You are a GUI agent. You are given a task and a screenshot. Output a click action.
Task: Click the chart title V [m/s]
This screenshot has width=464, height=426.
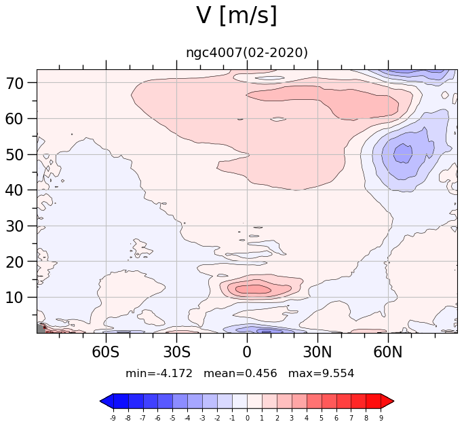pos(237,16)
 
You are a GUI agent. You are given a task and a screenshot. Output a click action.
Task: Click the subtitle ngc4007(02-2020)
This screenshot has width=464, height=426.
pos(247,53)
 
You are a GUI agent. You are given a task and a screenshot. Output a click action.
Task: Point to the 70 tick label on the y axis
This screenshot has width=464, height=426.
pos(14,84)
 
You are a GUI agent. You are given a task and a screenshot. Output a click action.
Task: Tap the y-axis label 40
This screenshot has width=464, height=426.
pos(14,190)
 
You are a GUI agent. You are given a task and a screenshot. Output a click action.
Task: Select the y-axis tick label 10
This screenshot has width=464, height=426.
pos(14,298)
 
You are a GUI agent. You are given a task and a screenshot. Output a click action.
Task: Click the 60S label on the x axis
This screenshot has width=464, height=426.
pos(106,352)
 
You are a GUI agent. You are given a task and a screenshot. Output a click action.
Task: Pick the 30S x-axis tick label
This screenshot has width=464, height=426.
pos(176,352)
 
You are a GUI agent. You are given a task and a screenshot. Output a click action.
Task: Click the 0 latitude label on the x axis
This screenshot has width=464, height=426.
pos(247,352)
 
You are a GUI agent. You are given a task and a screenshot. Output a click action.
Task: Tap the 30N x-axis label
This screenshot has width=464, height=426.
pos(317,352)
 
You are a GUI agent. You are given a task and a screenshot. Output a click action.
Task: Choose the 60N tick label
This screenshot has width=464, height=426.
pos(388,352)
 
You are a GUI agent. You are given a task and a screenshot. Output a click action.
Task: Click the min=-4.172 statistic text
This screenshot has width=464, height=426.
pos(159,373)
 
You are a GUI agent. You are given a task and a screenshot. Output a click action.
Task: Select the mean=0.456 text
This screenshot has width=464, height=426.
pos(240,373)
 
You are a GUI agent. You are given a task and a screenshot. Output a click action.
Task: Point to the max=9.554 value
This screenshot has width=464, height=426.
pos(321,373)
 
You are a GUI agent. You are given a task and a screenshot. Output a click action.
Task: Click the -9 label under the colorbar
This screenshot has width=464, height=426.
pos(113,418)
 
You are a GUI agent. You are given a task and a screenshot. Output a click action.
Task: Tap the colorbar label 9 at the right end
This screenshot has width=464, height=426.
pos(381,418)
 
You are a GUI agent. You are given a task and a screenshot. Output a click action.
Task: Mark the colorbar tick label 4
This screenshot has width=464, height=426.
pos(307,418)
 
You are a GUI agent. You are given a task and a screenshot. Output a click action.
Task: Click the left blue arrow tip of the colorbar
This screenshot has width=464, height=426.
pos(100,402)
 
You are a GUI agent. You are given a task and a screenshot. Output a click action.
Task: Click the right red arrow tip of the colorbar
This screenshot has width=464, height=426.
pos(394,402)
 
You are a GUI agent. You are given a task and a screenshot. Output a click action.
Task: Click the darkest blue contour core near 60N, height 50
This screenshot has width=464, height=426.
pos(403,154)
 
